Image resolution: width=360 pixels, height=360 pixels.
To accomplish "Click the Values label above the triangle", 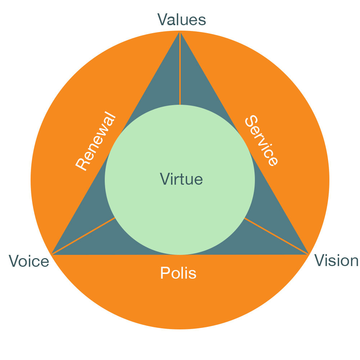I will tap(181, 20).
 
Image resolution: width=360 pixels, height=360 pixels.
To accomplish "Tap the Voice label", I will tap(29, 261).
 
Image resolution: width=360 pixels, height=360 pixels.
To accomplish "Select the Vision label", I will tap(337, 261).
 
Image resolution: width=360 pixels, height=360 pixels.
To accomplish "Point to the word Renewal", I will tap(96, 142).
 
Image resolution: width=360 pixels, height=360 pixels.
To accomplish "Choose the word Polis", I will tap(178, 274).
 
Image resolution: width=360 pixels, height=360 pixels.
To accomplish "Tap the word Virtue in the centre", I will tap(181, 179).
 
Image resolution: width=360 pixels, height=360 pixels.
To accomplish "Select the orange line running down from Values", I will tap(180, 72).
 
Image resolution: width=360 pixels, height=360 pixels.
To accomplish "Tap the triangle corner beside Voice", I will tap(53, 254).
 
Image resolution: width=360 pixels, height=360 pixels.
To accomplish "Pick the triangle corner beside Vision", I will tap(308, 254).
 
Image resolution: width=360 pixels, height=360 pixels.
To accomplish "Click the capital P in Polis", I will tap(164, 274).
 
